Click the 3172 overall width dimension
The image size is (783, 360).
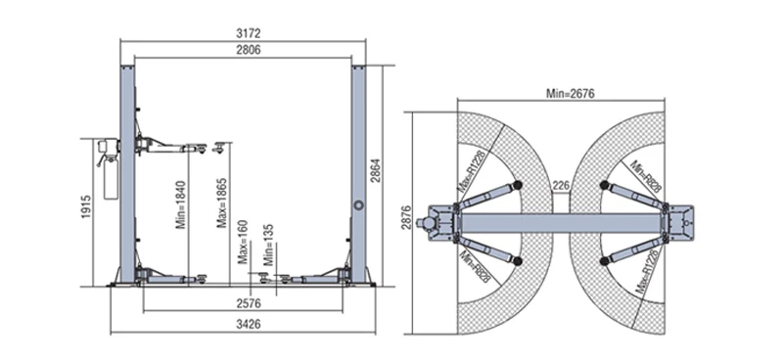(249, 34)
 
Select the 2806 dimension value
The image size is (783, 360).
(249, 49)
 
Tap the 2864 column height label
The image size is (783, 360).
(376, 170)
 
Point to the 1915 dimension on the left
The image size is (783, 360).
(86, 206)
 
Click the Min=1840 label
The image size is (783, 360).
(181, 204)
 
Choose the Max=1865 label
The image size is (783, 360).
(222, 203)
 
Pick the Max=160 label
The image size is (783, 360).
(243, 242)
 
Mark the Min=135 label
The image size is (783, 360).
(269, 246)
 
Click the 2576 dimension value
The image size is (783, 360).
(249, 303)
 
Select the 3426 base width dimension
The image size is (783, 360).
(249, 325)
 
